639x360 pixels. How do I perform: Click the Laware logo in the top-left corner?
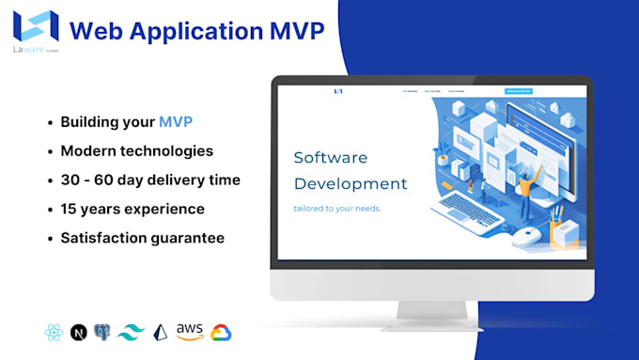pos(37,27)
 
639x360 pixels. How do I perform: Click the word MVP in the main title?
pos(288,32)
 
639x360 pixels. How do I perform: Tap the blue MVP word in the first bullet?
pos(178,122)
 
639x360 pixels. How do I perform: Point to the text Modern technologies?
pos(136,150)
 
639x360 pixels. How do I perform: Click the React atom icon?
pos(53,332)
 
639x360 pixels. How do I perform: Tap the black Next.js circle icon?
pos(79,332)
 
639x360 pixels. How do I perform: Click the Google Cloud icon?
pos(221,332)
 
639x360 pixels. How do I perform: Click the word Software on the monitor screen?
pos(331,157)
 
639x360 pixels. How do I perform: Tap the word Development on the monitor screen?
pos(351,183)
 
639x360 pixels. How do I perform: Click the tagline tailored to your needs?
pos(337,208)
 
